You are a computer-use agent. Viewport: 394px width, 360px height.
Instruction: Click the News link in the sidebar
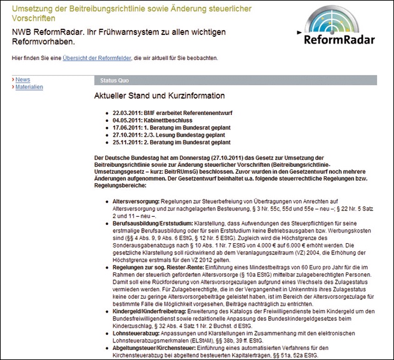coord(23,80)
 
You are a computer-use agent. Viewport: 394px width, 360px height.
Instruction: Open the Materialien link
coord(29,87)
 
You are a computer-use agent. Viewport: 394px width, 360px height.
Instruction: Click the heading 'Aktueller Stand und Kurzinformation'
coord(159,96)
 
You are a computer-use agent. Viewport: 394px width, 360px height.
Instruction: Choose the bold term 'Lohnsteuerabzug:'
coord(134,333)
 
